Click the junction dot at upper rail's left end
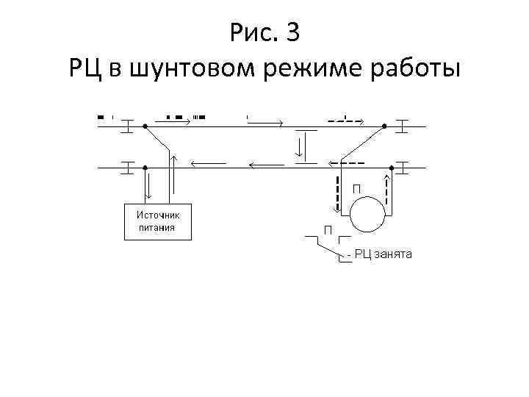pos(145,126)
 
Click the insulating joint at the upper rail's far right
pos(403,126)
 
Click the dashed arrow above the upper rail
pos(345,118)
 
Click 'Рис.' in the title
pos(253,33)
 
